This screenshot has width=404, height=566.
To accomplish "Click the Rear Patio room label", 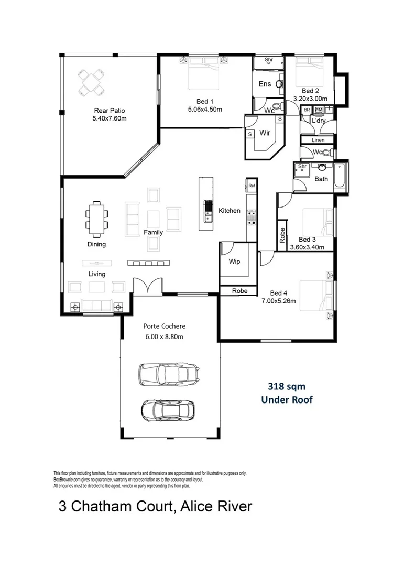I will (109, 111).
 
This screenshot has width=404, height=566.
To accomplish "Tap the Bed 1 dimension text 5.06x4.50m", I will (205, 110).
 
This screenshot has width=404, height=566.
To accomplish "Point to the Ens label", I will (265, 84).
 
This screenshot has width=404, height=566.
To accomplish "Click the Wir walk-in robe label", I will (265, 133).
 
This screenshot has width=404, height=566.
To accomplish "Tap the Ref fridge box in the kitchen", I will (252, 186).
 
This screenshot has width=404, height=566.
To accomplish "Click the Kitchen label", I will (230, 211).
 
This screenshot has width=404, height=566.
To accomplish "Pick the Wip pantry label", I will (235, 261).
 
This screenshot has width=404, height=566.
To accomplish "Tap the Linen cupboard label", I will (318, 140).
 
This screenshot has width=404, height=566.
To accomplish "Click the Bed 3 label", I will (308, 239).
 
